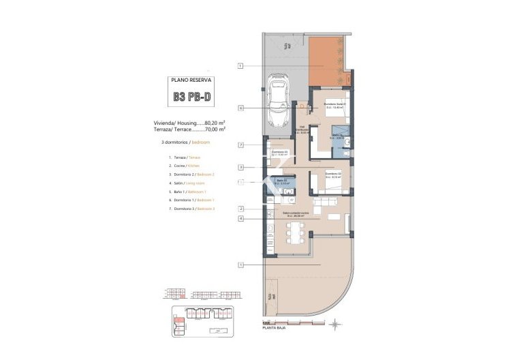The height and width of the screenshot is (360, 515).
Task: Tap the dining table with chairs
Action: [x=296, y=232]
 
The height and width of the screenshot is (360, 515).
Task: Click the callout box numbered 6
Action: [x=241, y=108]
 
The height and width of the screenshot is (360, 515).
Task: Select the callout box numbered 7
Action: [x=241, y=145]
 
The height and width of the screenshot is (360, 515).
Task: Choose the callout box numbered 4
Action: [x=241, y=218]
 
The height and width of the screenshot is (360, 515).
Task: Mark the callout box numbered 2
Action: [x=241, y=209]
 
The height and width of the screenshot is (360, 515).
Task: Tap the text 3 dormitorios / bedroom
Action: [x=181, y=142]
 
